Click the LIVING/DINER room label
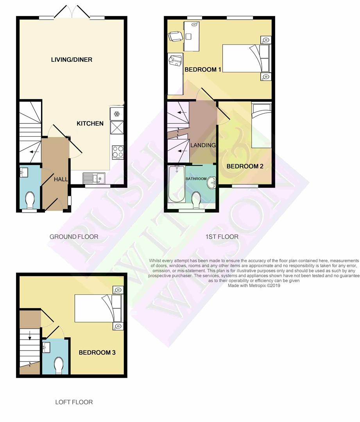point(72,59)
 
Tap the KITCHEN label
point(90,123)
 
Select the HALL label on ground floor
point(61,179)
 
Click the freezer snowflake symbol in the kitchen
point(116,114)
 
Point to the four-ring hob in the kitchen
point(118,152)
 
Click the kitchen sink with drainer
point(94,178)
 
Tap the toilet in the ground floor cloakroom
point(30,200)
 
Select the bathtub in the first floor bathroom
point(176,184)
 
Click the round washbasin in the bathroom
point(212,182)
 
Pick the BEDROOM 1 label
point(203,70)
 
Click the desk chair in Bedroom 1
point(174,36)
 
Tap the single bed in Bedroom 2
point(261,125)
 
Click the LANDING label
point(203,145)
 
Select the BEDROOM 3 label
point(97,352)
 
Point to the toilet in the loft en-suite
point(59,365)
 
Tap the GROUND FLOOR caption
point(74,237)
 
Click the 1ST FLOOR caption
point(222,237)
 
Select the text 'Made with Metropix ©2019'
point(254,286)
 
